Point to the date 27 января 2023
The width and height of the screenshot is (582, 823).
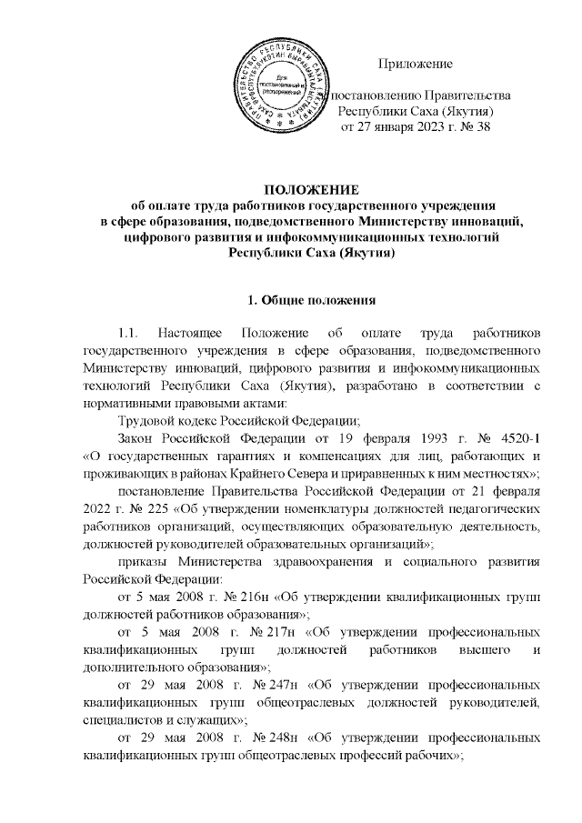[397, 127]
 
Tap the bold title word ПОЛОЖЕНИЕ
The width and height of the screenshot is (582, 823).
[290, 188]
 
